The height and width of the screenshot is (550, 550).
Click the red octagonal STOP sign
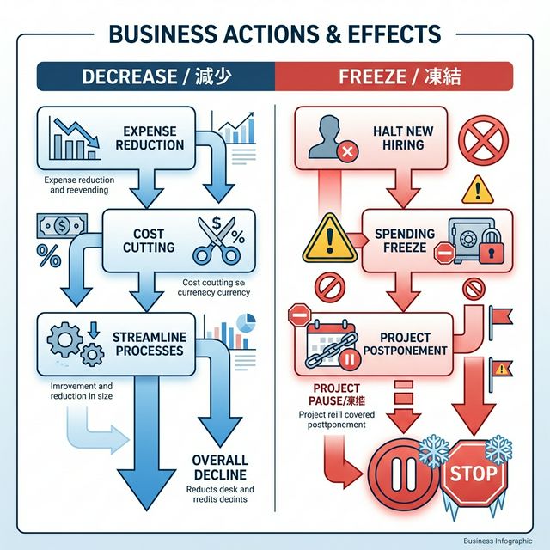click(473, 473)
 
